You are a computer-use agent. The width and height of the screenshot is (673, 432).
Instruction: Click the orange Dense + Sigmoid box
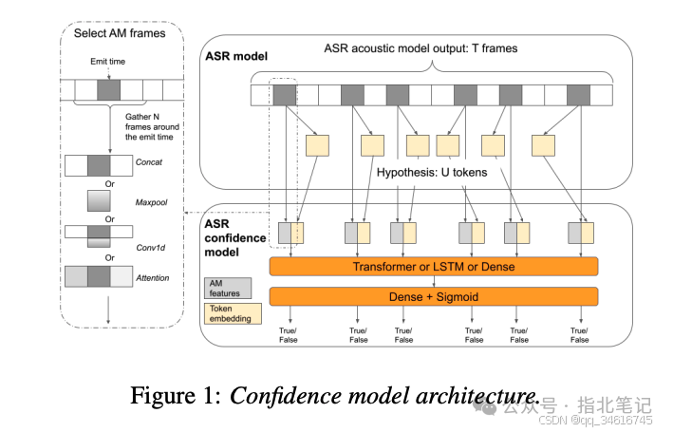[434, 296]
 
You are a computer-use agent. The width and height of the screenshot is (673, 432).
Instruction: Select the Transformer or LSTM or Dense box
[434, 267]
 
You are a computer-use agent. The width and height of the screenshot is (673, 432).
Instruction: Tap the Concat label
[149, 162]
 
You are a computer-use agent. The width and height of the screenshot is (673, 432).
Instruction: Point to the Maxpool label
[148, 201]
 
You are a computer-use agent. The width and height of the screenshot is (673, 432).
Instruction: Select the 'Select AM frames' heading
[119, 33]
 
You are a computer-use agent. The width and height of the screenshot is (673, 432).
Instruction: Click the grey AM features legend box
[228, 286]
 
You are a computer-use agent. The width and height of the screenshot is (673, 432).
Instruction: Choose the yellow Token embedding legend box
[228, 314]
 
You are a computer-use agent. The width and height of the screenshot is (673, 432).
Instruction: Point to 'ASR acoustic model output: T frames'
[434, 48]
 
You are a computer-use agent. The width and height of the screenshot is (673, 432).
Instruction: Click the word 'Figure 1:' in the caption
[181, 396]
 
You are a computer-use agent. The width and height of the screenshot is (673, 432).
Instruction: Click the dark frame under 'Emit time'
[107, 90]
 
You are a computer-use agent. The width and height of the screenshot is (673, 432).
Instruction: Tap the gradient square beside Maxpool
[100, 201]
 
